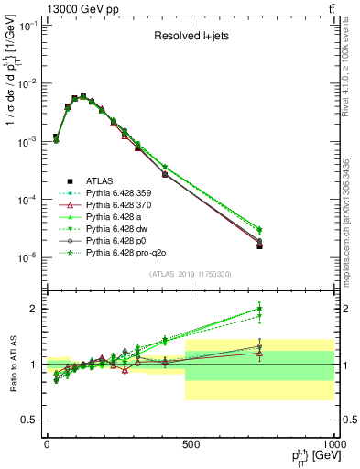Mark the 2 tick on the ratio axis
pyautogui.click(x=35, y=309)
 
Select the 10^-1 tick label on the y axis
pyautogui.click(x=27, y=26)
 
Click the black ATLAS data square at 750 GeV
pyautogui.click(x=260, y=245)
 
